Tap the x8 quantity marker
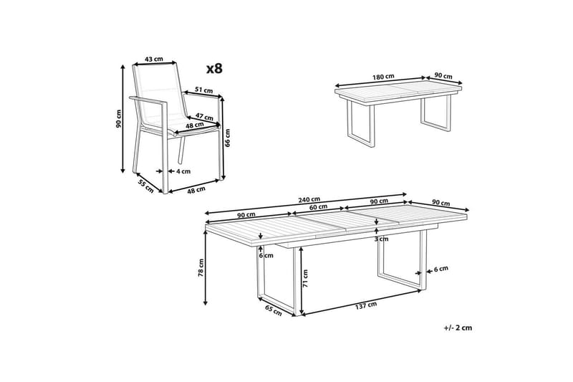coord(215,69)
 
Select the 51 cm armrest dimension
coord(203,90)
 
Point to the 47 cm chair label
coord(204,115)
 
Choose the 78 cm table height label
coord(202,267)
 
